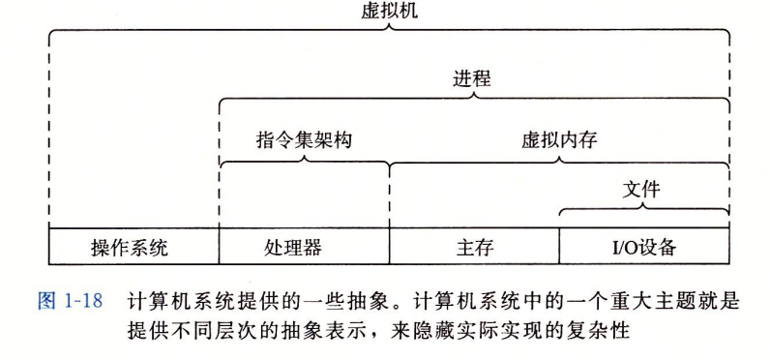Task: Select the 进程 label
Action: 472,78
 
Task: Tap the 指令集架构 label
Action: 304,139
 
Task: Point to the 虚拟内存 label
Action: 559,139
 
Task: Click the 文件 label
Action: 643,190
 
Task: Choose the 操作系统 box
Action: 133,247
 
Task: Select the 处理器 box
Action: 303,247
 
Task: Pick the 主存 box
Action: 474,247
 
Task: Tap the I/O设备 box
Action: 643,247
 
